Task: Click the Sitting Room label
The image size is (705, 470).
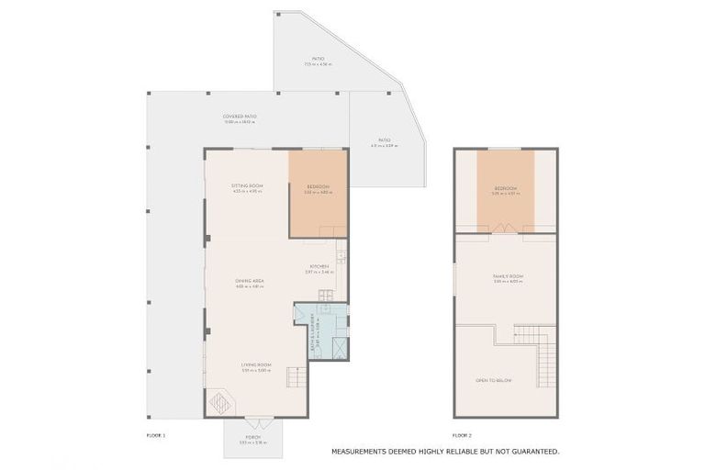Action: click(x=247, y=186)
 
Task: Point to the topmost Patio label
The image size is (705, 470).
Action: click(x=318, y=60)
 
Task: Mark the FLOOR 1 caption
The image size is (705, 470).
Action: click(x=156, y=434)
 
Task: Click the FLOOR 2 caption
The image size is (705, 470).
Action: click(x=462, y=434)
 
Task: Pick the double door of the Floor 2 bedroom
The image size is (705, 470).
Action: click(x=505, y=228)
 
